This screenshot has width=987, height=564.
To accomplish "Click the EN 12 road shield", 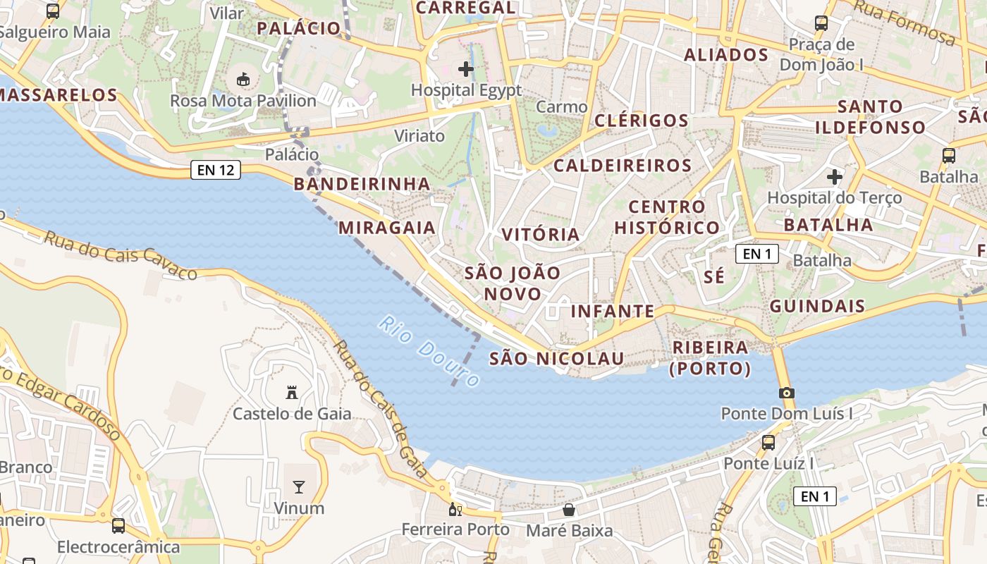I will [216, 170].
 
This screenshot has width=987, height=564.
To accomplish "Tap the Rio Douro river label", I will [429, 351].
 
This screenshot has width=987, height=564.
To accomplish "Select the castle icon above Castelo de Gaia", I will [291, 392].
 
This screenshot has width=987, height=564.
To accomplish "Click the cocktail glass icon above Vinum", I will [299, 486].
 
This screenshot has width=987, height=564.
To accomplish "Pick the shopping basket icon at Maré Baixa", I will [569, 509].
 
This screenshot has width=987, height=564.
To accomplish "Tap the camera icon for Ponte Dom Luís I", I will [787, 393].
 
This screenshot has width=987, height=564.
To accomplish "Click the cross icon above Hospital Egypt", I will [465, 69].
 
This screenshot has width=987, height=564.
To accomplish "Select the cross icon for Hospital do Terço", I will [835, 176].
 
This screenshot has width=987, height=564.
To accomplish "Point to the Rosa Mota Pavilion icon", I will [243, 80].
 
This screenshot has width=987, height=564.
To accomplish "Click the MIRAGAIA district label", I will [387, 228].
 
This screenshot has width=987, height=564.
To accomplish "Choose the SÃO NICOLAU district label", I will [557, 359].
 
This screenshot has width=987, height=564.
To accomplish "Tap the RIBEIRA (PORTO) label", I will [711, 357].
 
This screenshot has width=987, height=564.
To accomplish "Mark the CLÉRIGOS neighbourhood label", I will [642, 121].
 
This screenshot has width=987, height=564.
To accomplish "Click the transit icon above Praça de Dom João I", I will [821, 23].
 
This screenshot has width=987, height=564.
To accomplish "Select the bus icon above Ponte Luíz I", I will [768, 443].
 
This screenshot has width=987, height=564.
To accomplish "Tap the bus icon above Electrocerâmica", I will [118, 525].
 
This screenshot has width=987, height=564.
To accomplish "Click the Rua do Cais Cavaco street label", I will [121, 255].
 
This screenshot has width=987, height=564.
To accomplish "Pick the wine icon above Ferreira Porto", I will [455, 509].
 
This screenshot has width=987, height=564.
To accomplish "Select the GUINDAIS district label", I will [817, 306].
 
